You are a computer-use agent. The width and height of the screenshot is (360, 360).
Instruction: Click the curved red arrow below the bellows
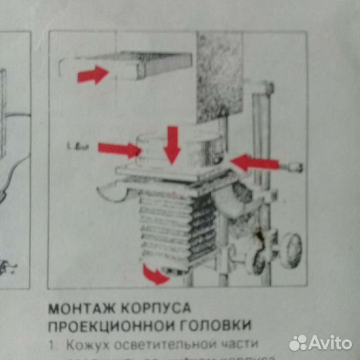[x=156, y=275]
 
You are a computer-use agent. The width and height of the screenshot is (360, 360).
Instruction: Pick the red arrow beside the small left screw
[x=118, y=148]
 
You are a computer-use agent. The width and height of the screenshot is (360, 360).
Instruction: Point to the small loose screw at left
[x=78, y=145]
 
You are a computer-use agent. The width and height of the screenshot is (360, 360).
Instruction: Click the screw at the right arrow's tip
[x=294, y=167]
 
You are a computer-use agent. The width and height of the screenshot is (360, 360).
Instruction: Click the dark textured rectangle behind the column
[x=219, y=77]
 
